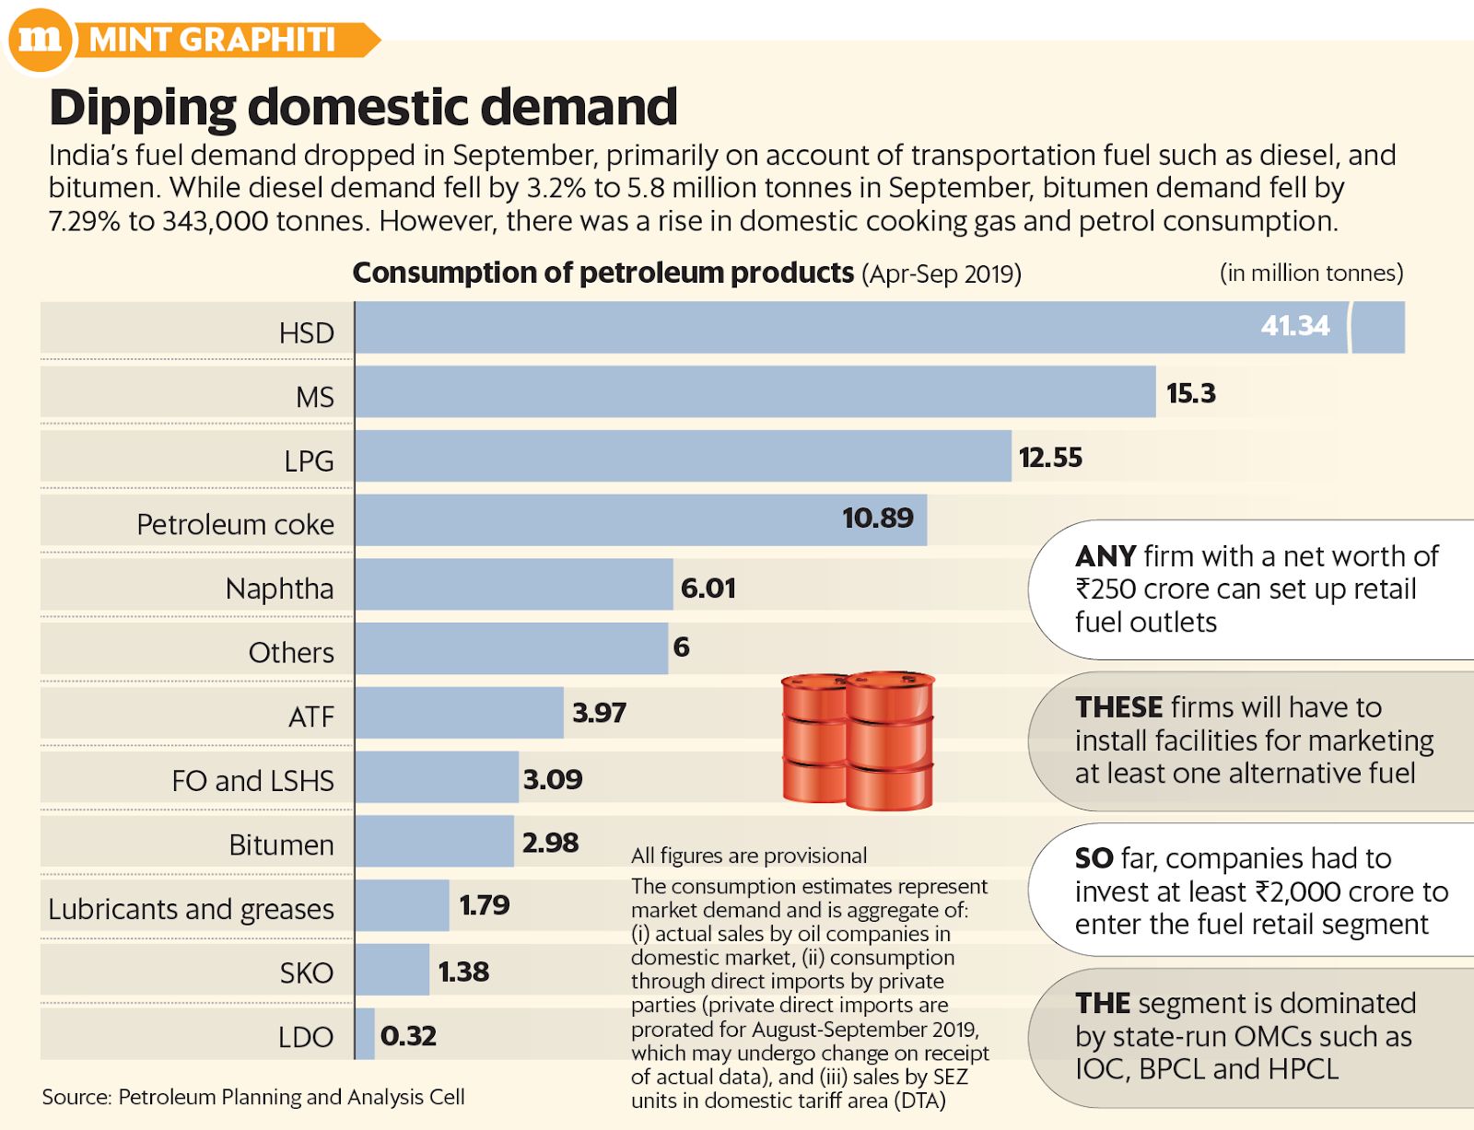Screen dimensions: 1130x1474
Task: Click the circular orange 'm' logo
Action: click(x=41, y=39)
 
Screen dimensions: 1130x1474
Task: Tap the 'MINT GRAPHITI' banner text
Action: click(x=212, y=40)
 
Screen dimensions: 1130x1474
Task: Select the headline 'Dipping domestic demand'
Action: click(x=363, y=107)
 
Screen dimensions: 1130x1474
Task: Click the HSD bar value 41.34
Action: click(x=1294, y=326)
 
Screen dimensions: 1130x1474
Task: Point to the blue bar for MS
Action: click(x=755, y=392)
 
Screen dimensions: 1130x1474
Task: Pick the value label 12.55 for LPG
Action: click(x=1050, y=458)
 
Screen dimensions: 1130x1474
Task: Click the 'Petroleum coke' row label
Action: click(x=235, y=524)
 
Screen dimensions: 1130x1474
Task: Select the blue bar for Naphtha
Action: click(x=514, y=585)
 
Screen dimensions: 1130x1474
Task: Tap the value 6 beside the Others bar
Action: click(x=681, y=647)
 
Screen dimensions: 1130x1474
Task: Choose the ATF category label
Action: click(x=310, y=716)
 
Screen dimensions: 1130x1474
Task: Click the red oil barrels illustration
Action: click(x=858, y=740)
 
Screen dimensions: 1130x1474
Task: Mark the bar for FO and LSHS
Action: click(x=437, y=777)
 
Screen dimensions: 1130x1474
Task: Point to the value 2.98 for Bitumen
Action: click(x=550, y=843)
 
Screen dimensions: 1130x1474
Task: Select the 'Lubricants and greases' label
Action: click(x=191, y=909)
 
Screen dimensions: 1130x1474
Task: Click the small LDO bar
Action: click(x=365, y=1034)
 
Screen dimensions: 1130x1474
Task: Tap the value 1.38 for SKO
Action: click(x=463, y=972)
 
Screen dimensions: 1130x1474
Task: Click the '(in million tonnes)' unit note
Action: click(x=1311, y=274)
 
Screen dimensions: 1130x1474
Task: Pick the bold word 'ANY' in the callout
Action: click(x=1105, y=556)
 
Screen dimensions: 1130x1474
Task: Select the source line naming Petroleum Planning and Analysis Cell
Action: click(x=253, y=1097)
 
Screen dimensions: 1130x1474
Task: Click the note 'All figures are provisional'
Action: click(x=748, y=856)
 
